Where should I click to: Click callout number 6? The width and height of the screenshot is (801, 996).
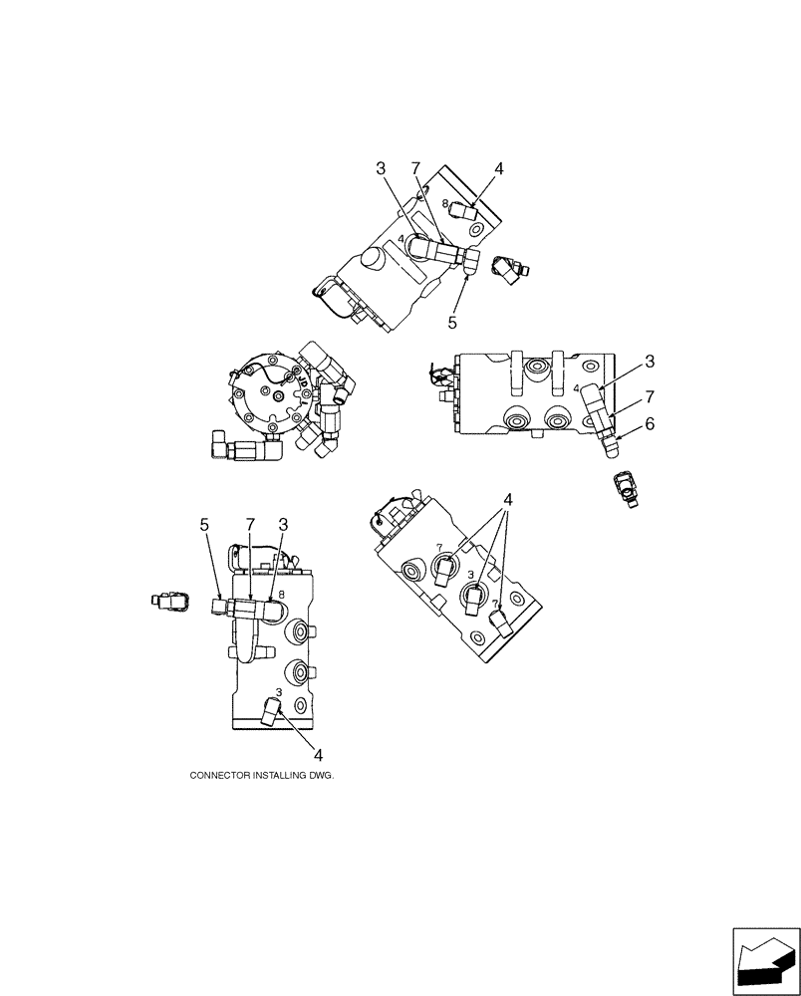(649, 423)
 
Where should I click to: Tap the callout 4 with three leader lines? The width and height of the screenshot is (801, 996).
(509, 500)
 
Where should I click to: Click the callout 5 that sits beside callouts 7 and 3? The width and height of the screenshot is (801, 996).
(204, 523)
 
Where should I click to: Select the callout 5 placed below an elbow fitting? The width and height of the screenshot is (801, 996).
(452, 323)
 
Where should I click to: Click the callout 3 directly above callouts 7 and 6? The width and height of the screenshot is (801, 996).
(649, 361)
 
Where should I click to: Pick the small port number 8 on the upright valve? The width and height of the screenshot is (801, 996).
(283, 595)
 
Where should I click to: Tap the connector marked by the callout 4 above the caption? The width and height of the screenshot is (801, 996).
(271, 713)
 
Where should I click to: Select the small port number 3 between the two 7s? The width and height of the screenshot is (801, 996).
(470, 576)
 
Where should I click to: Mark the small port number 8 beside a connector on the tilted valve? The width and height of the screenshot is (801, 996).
(446, 203)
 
